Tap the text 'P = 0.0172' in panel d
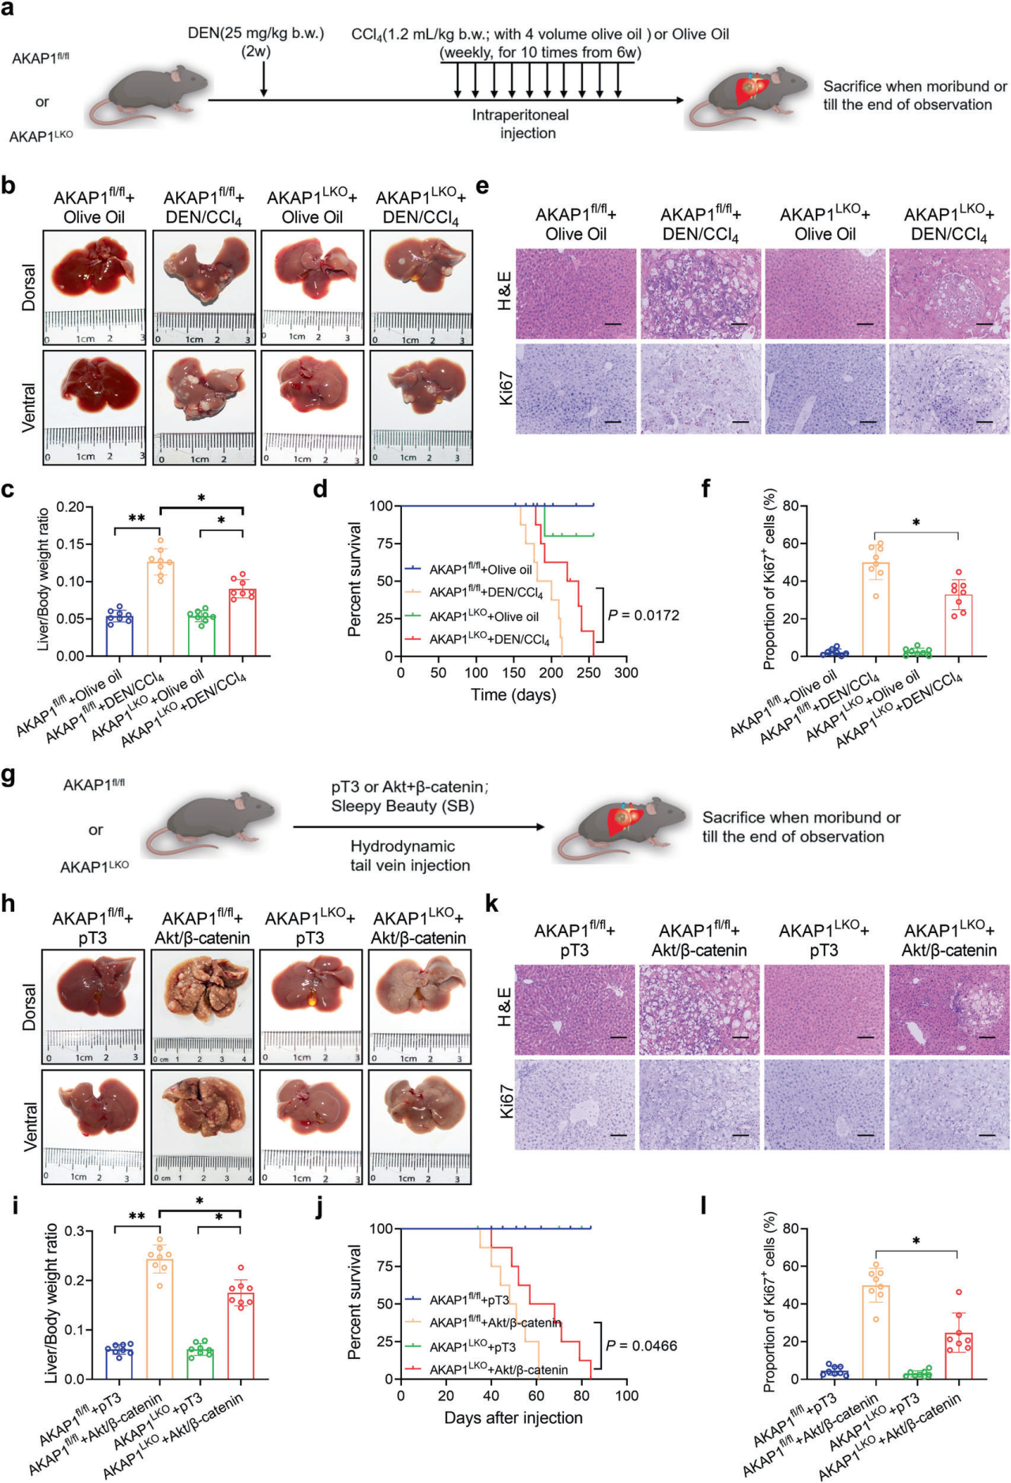click(644, 615)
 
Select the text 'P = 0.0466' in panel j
click(641, 1346)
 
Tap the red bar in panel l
click(958, 1356)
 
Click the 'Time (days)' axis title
click(513, 695)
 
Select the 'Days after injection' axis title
click(513, 1417)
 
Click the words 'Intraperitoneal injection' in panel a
click(521, 124)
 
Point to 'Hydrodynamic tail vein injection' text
click(410, 856)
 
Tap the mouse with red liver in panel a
click(747, 96)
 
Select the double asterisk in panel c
click(137, 518)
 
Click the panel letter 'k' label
click(491, 903)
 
